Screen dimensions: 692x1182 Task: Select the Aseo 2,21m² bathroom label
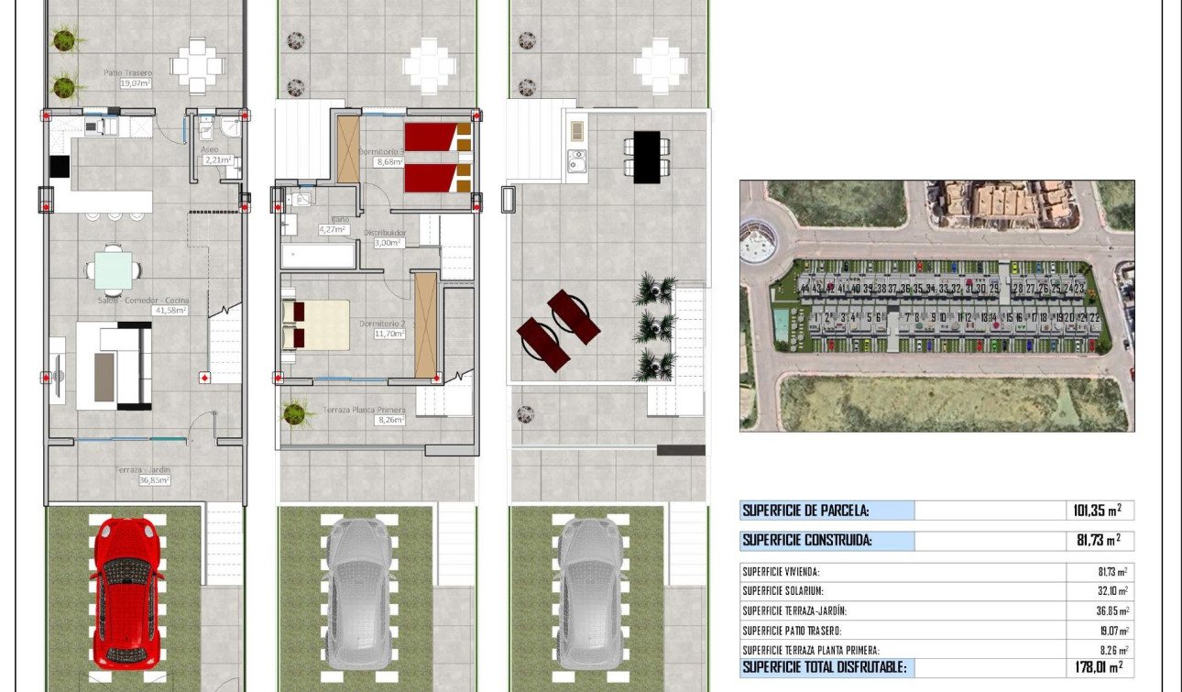coord(216,155)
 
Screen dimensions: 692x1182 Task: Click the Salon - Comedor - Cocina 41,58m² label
coord(142,305)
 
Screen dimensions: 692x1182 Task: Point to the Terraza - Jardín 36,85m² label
coord(144,475)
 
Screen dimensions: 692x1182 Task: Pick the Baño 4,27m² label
coord(332,225)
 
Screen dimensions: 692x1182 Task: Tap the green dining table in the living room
coord(113,270)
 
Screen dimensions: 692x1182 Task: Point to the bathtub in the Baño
coord(318,256)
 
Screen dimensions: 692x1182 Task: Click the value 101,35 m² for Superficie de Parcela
coord(1098,511)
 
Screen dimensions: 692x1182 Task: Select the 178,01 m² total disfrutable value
coord(1098,667)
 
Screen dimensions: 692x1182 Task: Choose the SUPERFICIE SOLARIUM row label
coord(783,591)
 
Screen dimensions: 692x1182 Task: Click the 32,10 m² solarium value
coord(1114,591)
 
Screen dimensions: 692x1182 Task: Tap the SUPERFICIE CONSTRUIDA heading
coord(807,541)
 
